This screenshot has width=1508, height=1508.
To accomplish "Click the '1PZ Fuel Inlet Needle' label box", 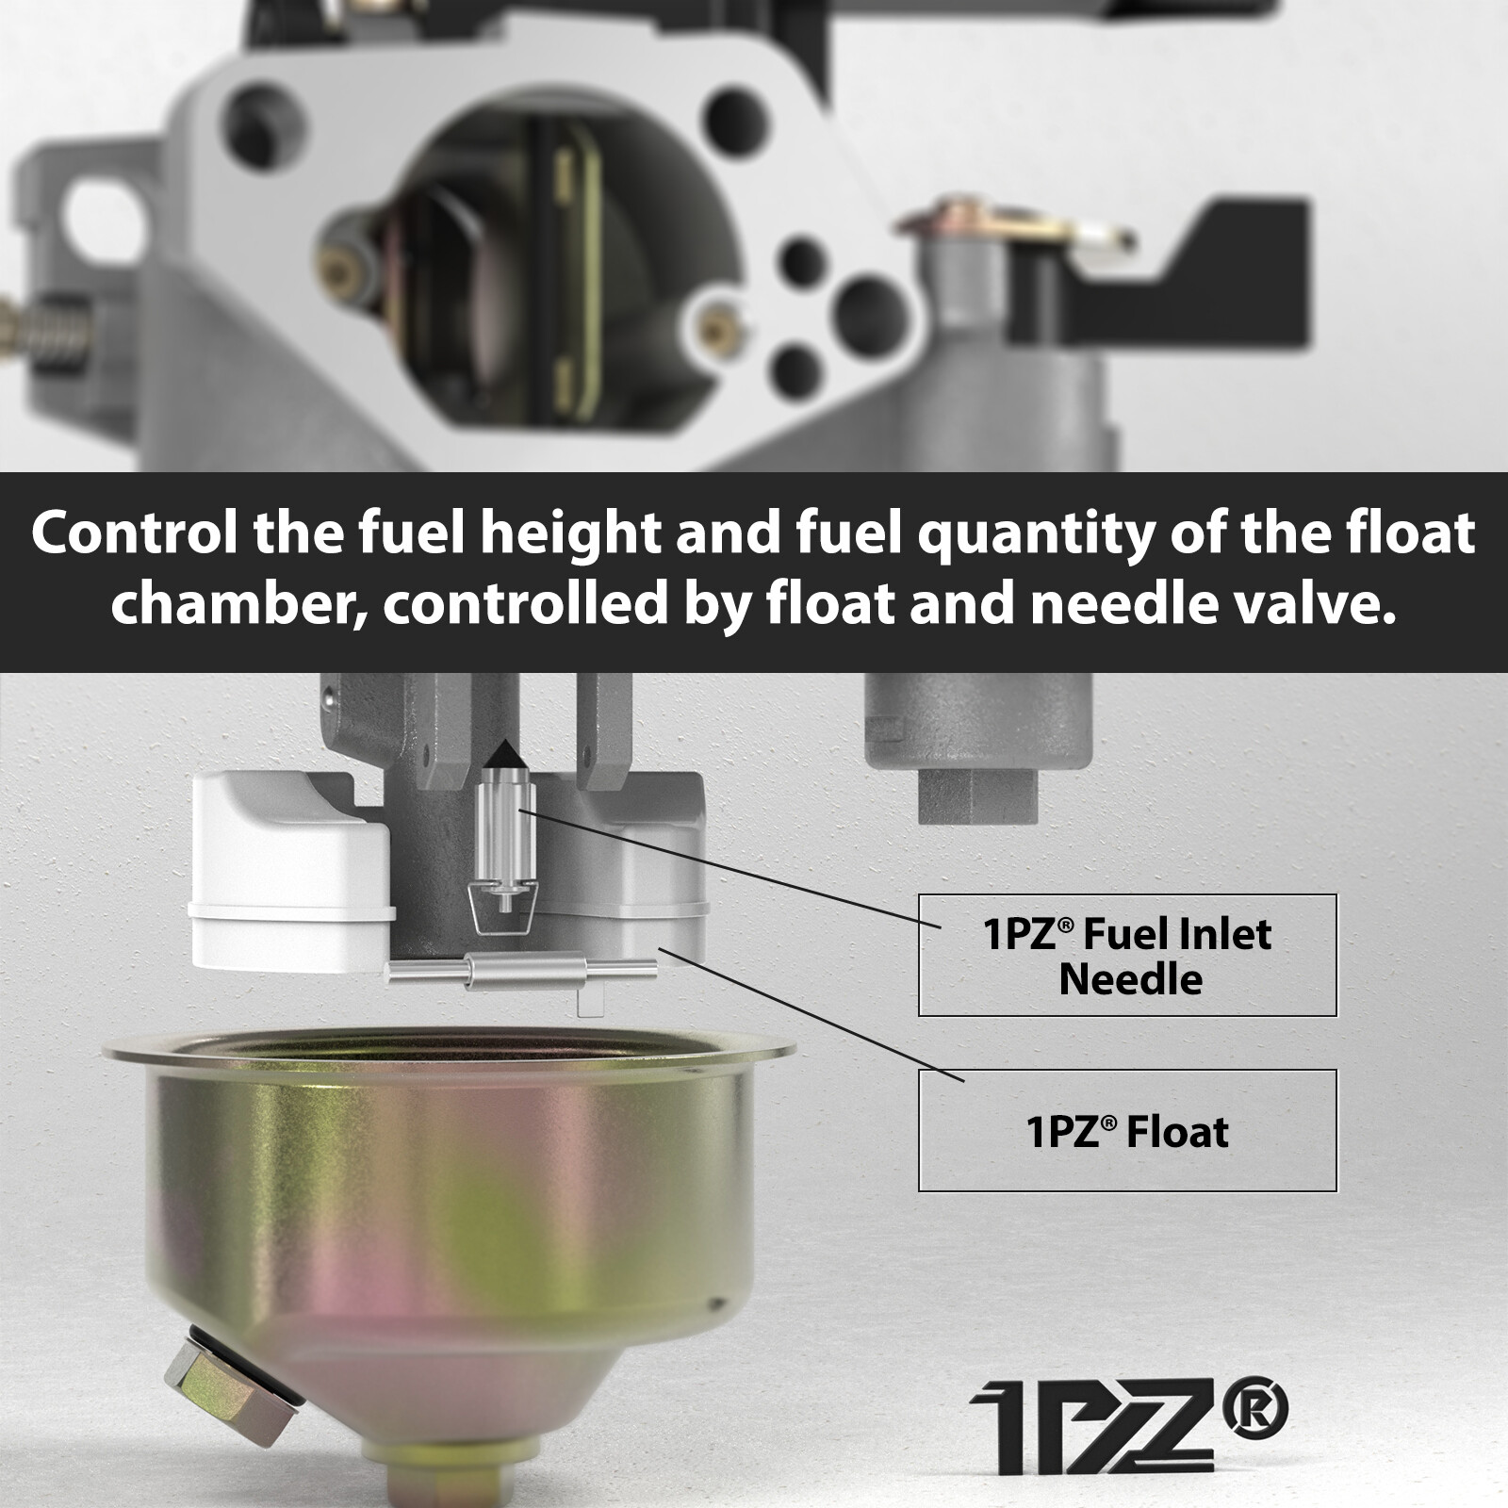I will tap(1127, 955).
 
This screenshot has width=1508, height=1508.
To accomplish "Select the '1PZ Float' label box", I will tap(1127, 1130).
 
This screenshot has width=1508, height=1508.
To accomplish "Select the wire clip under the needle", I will tap(503, 910).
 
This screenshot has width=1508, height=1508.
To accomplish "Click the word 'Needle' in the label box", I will tap(1130, 979).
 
